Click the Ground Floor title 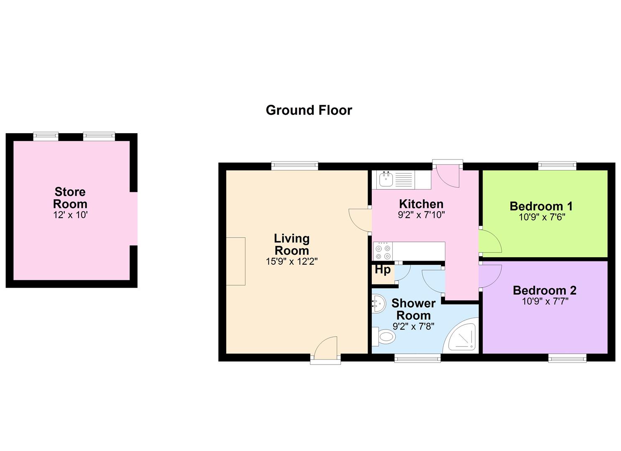click(309, 110)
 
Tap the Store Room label click(70, 198)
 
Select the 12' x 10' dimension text click(70, 215)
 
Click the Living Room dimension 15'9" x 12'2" click(291, 261)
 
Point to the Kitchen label click(421, 204)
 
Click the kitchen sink click(385, 180)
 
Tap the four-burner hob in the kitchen click(383, 251)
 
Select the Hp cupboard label click(383, 270)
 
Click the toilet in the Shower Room click(383, 337)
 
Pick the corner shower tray click(462, 336)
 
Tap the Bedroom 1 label click(541, 206)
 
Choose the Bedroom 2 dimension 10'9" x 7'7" click(545, 301)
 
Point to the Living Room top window click(294, 166)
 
